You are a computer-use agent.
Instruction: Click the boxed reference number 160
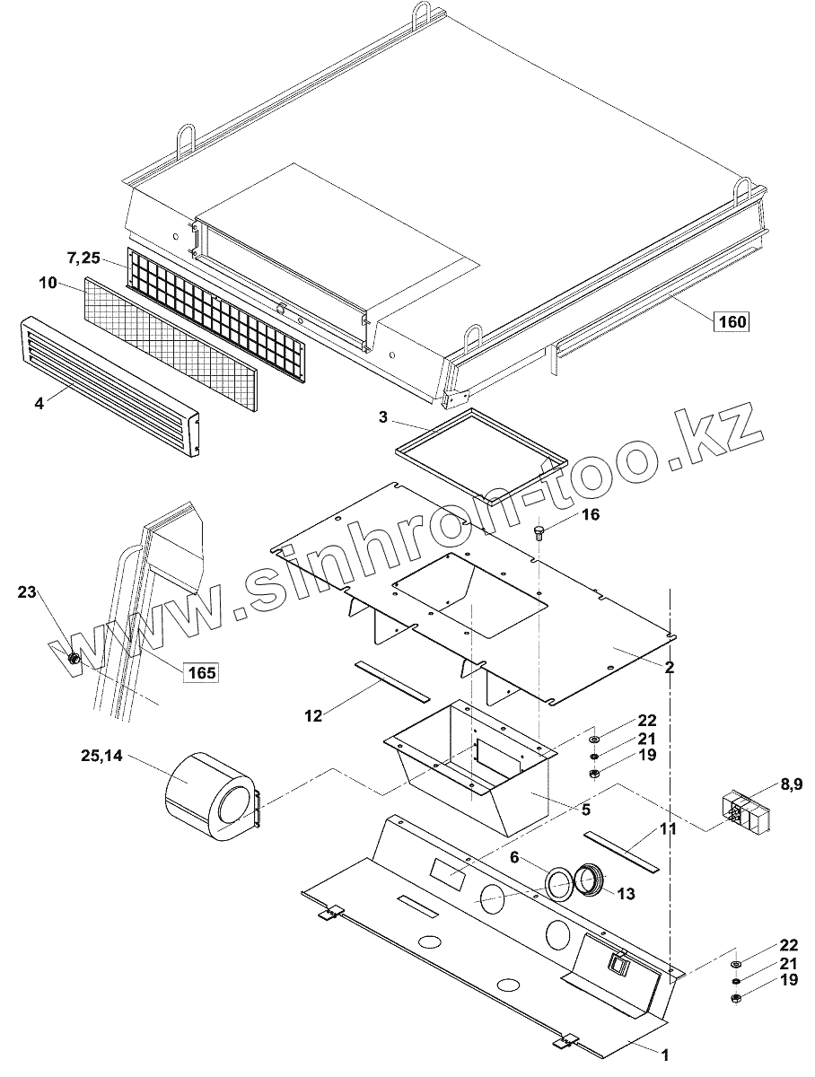pyautogui.click(x=732, y=321)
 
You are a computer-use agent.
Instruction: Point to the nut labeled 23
pyautogui.click(x=75, y=660)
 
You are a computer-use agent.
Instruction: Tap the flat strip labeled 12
pyautogui.click(x=391, y=681)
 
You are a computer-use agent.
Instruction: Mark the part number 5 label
pyautogui.click(x=584, y=809)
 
